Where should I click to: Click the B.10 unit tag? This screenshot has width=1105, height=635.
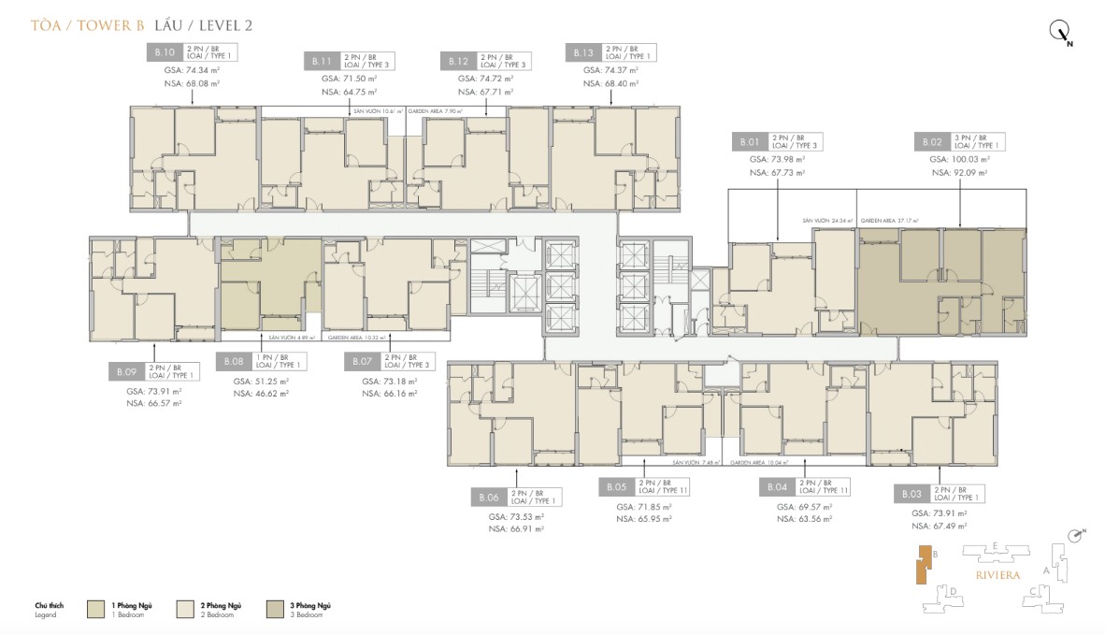(165, 53)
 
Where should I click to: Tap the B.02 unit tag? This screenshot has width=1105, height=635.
(930, 142)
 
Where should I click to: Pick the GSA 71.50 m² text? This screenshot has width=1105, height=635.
(349, 79)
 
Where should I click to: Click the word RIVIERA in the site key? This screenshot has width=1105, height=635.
(996, 574)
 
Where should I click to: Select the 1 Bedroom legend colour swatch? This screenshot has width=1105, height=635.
(96, 610)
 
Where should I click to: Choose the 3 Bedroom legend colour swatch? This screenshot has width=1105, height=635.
(277, 610)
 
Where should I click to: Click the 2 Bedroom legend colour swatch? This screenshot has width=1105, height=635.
(187, 610)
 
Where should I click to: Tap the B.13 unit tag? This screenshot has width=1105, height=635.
(583, 53)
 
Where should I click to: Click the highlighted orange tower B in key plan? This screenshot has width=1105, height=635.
(923, 568)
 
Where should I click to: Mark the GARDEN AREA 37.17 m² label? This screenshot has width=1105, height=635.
(891, 221)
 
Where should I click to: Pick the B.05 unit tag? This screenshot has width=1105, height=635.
(616, 487)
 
